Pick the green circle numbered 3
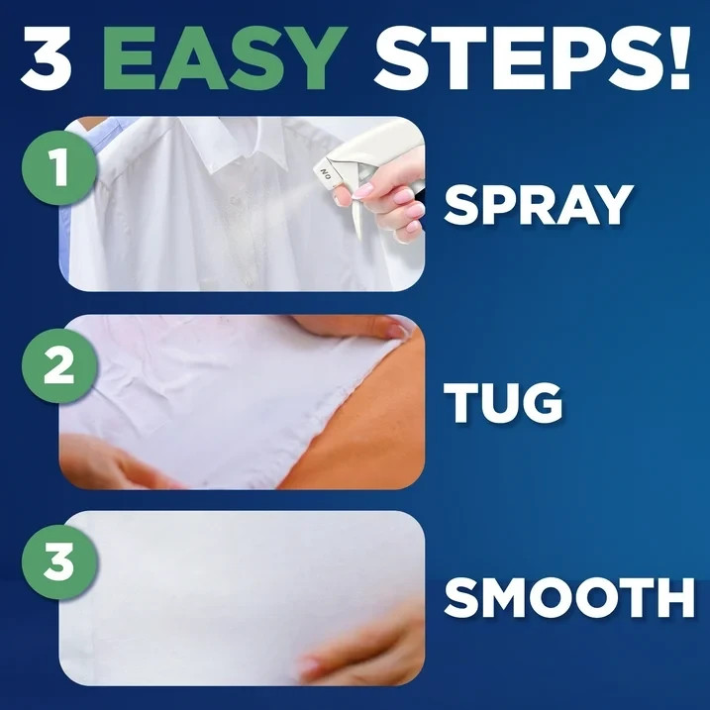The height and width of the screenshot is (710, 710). [x=59, y=561]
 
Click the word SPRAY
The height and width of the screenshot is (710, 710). [x=537, y=205]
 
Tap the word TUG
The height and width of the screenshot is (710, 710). [x=502, y=402]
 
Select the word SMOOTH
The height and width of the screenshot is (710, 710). [x=568, y=598]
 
